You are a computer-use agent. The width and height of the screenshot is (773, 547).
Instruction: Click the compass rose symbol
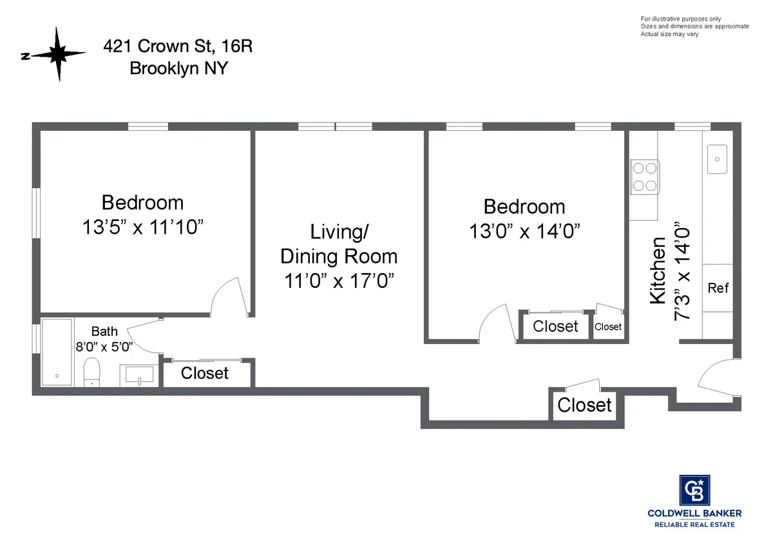coord(59,54)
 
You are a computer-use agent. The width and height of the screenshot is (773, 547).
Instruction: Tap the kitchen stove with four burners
coord(645,177)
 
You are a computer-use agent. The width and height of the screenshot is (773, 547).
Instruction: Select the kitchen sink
coord(717,159)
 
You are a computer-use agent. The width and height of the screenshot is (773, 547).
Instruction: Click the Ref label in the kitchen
coord(718,288)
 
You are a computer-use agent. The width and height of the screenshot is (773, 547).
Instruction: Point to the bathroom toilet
coord(91,372)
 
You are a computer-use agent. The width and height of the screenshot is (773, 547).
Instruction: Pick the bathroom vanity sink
coord(137,374)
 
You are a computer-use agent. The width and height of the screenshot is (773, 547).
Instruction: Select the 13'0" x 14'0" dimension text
coord(524,231)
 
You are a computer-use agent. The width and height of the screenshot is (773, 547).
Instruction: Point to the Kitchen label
coord(658,271)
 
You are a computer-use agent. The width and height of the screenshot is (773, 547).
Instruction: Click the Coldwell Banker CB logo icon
coord(694,490)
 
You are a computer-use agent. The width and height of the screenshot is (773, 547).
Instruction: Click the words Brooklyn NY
coord(178,68)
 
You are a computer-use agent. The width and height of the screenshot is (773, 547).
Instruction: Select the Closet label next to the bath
coord(205,373)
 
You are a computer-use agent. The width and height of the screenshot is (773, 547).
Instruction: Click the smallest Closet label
coord(607,327)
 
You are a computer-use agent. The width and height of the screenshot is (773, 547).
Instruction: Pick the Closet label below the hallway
coord(584,405)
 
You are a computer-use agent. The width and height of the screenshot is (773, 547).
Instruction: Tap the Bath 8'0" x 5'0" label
coord(104,339)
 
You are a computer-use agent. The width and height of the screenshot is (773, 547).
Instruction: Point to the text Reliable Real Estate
coord(694,525)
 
